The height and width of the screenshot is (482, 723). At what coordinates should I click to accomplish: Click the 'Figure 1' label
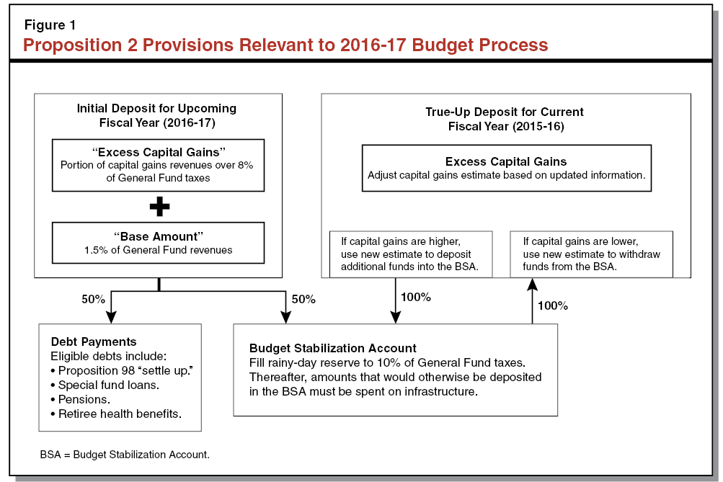[50, 25]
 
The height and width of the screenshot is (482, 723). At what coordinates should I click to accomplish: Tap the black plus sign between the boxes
[159, 207]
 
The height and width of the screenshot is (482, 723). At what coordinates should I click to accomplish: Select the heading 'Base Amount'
[158, 237]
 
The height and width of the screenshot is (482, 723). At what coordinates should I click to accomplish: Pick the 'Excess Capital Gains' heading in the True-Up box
[505, 161]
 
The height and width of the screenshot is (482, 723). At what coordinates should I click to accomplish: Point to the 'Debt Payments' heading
[93, 342]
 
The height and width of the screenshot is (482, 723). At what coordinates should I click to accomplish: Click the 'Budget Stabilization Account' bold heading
[332, 348]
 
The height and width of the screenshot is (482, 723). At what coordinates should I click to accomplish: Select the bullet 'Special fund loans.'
[105, 385]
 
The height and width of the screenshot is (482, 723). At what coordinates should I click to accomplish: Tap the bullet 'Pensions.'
[80, 399]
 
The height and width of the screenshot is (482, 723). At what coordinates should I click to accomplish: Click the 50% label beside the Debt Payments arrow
[94, 298]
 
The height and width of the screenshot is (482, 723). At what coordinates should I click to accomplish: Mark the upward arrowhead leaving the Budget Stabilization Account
[532, 285]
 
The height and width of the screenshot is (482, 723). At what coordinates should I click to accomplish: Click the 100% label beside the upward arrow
[553, 305]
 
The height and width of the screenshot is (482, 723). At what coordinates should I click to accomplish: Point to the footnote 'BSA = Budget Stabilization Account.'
[124, 455]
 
